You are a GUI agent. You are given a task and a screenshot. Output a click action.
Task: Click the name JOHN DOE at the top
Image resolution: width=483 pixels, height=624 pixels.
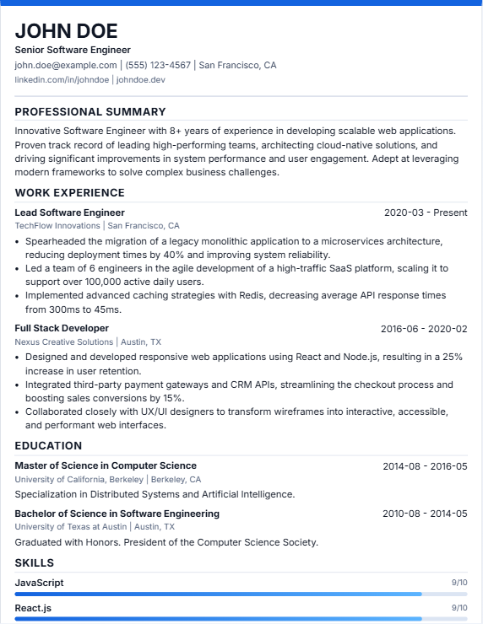tap(66, 31)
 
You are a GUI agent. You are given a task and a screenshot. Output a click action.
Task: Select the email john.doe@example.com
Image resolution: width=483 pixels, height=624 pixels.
tap(65, 65)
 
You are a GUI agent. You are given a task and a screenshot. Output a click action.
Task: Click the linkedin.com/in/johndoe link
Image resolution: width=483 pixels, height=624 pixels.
tap(62, 79)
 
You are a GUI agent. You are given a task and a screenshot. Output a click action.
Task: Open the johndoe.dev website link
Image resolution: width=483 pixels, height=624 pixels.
tap(141, 79)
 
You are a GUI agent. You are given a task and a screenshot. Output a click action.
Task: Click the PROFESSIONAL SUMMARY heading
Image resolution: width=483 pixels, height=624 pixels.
tap(90, 111)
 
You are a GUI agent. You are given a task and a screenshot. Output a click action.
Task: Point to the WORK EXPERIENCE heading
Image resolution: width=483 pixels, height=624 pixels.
tap(69, 192)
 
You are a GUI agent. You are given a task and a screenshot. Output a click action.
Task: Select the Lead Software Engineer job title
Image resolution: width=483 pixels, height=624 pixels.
tap(69, 212)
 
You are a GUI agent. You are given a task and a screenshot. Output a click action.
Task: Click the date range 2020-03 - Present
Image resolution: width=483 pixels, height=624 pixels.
tap(426, 212)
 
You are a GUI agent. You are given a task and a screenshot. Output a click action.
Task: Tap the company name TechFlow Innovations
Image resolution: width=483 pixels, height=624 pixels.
tap(57, 226)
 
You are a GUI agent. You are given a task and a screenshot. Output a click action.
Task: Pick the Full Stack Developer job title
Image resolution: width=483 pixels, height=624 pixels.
tap(62, 328)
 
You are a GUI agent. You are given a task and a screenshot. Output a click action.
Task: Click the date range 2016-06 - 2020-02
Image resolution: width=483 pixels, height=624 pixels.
tap(424, 328)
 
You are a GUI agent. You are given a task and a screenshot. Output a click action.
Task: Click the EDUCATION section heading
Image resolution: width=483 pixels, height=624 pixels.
tap(48, 445)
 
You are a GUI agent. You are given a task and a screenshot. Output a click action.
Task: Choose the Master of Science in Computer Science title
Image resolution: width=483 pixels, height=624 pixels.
tap(106, 465)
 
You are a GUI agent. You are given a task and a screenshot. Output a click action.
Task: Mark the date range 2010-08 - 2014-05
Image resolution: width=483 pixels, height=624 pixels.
tap(425, 514)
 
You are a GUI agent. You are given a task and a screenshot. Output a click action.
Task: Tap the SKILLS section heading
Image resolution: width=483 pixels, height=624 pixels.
tap(34, 562)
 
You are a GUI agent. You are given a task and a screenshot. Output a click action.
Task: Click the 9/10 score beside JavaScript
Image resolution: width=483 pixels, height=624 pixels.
tap(459, 583)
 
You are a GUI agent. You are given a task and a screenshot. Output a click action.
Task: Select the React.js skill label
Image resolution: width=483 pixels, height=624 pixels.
tap(33, 607)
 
